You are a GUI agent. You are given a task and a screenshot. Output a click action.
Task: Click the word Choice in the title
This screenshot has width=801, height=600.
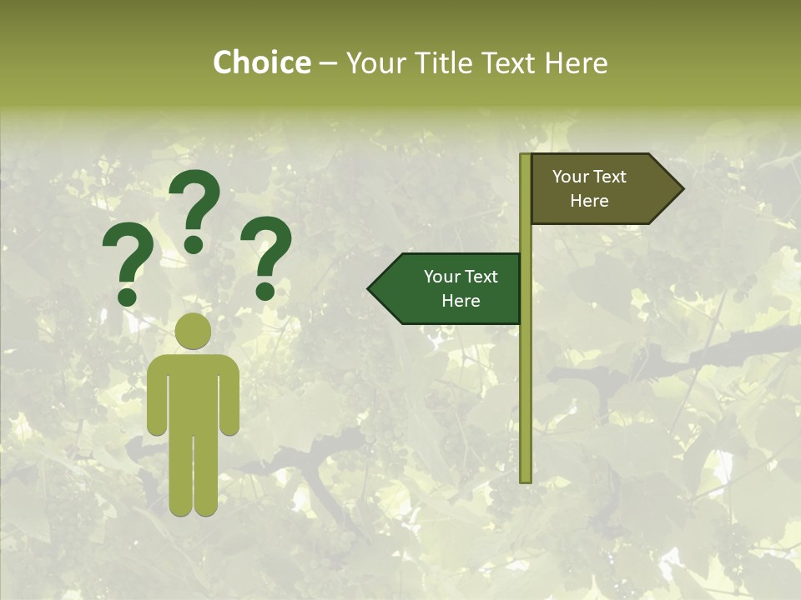tap(261, 62)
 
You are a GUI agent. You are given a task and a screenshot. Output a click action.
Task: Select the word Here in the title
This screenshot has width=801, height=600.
tap(575, 62)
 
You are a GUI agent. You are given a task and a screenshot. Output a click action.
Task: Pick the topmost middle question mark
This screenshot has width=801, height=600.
tap(194, 208)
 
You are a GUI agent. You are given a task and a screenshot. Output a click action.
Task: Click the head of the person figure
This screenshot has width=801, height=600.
tap(193, 331)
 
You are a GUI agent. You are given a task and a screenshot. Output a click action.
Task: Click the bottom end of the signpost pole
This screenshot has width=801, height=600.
tap(526, 478)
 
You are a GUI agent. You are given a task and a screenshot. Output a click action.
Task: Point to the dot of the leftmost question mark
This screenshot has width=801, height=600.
tap(128, 297)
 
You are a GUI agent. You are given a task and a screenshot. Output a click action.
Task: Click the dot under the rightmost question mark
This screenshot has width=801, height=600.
tap(265, 291)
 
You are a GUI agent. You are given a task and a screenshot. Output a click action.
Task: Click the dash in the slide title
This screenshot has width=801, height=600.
tap(328, 63)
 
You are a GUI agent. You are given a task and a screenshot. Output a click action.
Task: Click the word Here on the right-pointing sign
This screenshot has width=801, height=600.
tap(589, 201)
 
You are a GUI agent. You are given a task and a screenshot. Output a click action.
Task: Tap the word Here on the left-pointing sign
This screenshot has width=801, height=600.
tap(461, 301)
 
